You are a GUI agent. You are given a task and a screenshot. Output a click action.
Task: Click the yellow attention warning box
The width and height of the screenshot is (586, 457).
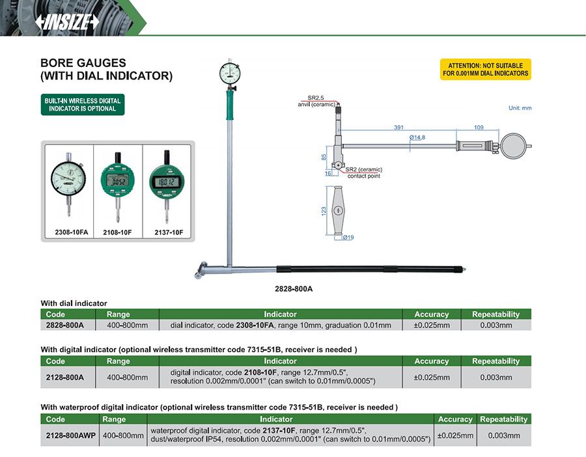(x=485, y=69)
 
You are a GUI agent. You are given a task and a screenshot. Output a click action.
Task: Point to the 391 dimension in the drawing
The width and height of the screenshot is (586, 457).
(x=398, y=128)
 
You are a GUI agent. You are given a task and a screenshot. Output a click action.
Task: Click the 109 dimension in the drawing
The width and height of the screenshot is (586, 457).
(x=479, y=128)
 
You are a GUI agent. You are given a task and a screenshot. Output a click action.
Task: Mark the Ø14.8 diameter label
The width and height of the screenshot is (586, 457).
(x=417, y=137)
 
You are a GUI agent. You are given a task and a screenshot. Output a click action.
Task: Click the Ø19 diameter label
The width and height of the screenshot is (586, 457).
(x=348, y=238)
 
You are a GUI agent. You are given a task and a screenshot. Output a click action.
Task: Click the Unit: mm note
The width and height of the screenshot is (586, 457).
(x=520, y=108)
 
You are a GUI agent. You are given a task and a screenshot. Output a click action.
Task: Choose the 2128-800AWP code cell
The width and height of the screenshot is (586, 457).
(x=70, y=436)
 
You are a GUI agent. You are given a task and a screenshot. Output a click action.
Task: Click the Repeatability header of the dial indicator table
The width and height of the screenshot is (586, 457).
(x=495, y=314)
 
